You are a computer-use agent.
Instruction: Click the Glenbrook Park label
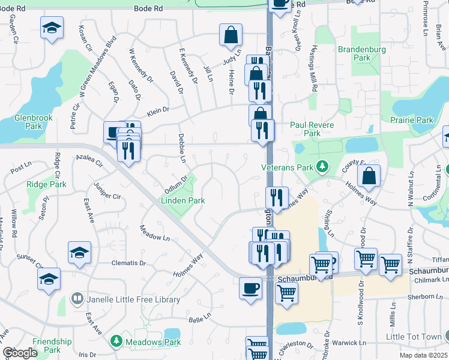(28, 122)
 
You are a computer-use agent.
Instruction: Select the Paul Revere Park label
(313, 129)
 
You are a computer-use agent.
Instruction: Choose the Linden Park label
(182, 201)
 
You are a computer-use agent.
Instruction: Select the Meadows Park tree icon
(116, 341)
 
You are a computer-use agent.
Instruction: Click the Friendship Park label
(52, 345)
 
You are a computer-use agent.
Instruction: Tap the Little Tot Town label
(414, 337)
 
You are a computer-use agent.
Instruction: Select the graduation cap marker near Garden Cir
(52, 28)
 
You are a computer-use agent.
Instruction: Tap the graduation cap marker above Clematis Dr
(79, 253)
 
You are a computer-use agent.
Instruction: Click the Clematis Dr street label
(128, 263)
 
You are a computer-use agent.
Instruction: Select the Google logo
(19, 353)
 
